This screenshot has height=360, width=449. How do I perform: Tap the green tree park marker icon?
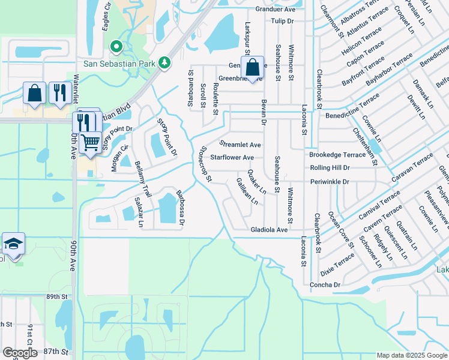pyautogui.click(x=164, y=62)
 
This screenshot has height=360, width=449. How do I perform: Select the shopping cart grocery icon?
pyautogui.click(x=90, y=143)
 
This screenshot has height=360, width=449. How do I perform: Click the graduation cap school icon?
pyautogui.click(x=13, y=244)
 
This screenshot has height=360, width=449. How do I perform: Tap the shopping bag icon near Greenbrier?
pyautogui.click(x=253, y=67)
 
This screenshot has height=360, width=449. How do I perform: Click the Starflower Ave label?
pyautogui.click(x=232, y=158)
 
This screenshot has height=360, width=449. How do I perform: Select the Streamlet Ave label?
pyautogui.click(x=240, y=145)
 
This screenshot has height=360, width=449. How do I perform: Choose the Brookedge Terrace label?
pyautogui.click(x=337, y=155)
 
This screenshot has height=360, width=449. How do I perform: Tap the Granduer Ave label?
pyautogui.click(x=276, y=10)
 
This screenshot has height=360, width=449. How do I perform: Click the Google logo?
pyautogui.click(x=19, y=353)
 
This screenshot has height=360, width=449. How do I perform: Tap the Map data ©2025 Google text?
pyautogui.click(x=411, y=355)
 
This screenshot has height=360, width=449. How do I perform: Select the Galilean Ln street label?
pyautogui.click(x=251, y=192)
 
